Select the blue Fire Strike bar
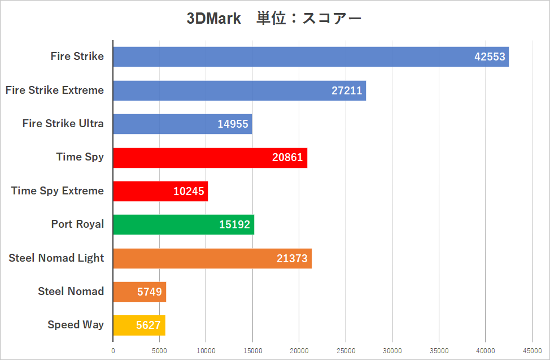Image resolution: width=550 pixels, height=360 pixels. tap(311, 57)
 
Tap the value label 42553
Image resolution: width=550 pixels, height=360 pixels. tap(490, 57)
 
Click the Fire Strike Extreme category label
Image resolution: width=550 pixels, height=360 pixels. tap(55, 90)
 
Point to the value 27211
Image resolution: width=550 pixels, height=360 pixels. tap(347, 90)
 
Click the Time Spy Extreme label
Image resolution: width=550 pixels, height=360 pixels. tap(58, 190)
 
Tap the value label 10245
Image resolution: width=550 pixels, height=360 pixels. tap(189, 192)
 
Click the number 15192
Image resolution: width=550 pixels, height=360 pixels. tap(234, 225)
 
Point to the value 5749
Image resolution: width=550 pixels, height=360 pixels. tap(149, 292)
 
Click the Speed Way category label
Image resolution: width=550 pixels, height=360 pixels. tap(76, 324)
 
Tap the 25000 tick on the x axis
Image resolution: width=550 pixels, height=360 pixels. tap(346, 351)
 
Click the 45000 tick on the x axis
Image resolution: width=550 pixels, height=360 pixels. tap(532, 351)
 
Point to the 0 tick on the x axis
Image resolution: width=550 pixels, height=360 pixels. tap(113, 351)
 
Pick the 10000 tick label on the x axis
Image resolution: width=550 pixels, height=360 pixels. tap(206, 351)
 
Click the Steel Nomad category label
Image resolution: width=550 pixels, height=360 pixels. tap(71, 291)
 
